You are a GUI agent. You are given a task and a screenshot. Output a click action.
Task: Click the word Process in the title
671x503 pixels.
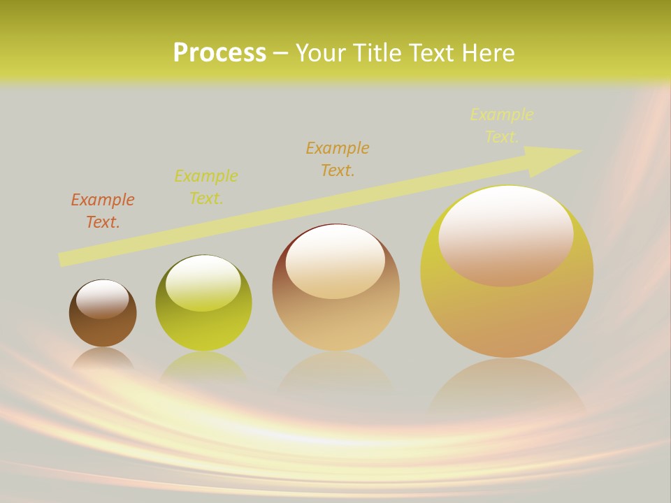click(219, 53)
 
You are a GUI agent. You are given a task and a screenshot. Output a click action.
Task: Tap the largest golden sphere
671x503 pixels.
click(507, 314)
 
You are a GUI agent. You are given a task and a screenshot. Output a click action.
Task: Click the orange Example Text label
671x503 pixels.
click(103, 210)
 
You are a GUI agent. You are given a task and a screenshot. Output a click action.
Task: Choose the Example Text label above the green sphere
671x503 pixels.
click(206, 187)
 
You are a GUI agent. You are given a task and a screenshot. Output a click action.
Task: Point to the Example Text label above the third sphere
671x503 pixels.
click(338, 159)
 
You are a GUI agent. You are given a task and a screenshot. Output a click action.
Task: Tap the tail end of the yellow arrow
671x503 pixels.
click(64, 258)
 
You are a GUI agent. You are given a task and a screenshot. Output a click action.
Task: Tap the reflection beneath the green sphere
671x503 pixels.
click(203, 367)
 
